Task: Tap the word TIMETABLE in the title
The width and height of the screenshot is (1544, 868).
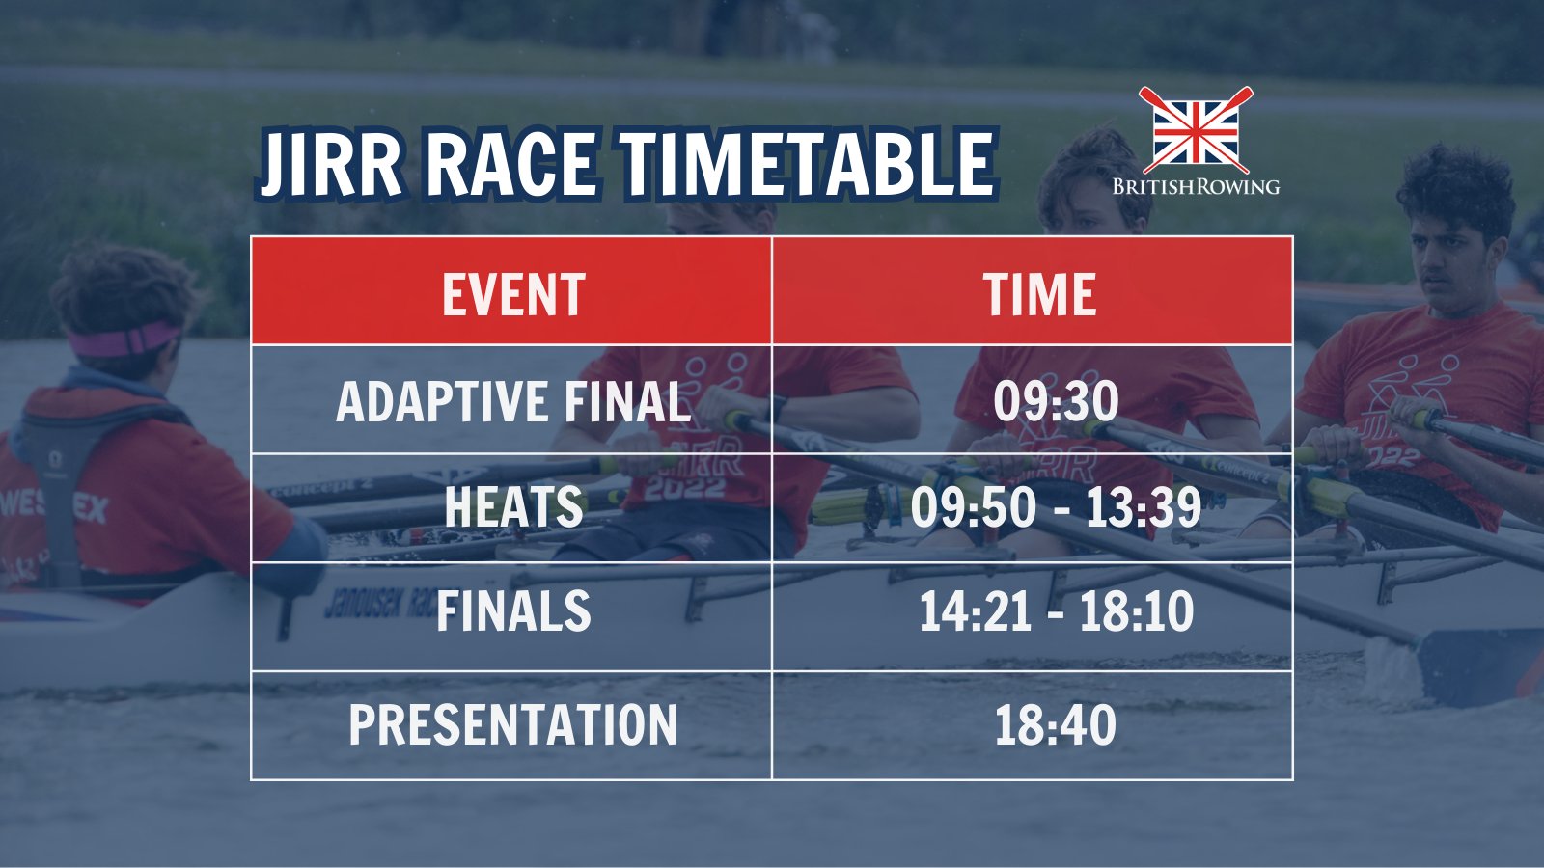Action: [806, 165]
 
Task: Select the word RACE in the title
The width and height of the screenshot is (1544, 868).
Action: [510, 165]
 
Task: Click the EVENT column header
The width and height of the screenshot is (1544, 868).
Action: [513, 294]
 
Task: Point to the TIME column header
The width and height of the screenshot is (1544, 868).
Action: [1039, 294]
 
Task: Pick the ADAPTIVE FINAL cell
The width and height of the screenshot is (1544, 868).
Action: [513, 401]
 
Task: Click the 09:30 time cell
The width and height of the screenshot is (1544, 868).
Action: [1056, 401]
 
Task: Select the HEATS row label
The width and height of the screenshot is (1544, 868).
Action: [513, 507]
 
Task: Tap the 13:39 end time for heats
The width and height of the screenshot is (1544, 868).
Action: [1144, 507]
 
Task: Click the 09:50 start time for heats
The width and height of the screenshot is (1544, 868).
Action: [973, 507]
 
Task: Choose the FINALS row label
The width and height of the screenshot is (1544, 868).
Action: [513, 611]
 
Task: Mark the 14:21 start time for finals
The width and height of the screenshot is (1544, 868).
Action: [975, 611]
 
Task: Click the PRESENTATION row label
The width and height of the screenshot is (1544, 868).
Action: [513, 725]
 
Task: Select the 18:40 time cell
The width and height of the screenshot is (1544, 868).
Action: [1056, 725]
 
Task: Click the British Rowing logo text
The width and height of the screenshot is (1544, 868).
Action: [1196, 186]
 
